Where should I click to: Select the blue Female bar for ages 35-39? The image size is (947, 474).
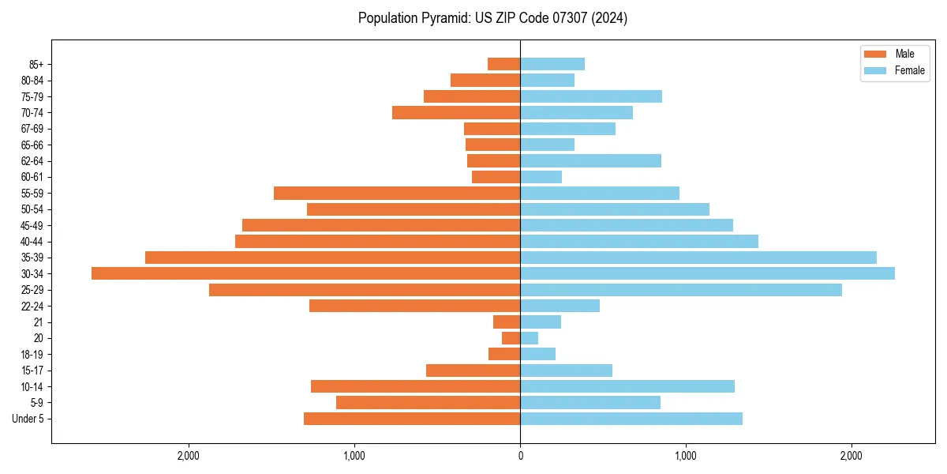coord(698,258)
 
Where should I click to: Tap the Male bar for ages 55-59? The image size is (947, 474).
coord(397,193)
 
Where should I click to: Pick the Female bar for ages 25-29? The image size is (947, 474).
coord(680,290)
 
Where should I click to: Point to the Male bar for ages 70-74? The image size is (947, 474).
coord(456,112)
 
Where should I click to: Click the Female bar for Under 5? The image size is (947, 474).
coord(631,419)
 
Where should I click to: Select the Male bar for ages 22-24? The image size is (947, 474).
coord(414,306)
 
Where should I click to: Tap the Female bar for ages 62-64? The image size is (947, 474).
coord(590,160)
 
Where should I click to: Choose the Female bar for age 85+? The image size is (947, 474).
coord(552,64)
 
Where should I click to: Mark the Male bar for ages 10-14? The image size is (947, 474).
coord(415,386)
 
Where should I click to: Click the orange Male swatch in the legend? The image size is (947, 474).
coord(875,54)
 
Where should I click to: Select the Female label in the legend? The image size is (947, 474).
coord(909,70)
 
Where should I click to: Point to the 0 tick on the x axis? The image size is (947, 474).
coord(520,456)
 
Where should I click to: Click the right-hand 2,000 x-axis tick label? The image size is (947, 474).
coord(851,456)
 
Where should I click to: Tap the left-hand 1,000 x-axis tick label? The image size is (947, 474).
coord(354,456)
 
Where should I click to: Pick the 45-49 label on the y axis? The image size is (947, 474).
coord(32,225)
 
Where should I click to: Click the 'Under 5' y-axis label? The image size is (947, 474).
coord(28,419)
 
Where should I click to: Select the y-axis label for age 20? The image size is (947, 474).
coord(38,338)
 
